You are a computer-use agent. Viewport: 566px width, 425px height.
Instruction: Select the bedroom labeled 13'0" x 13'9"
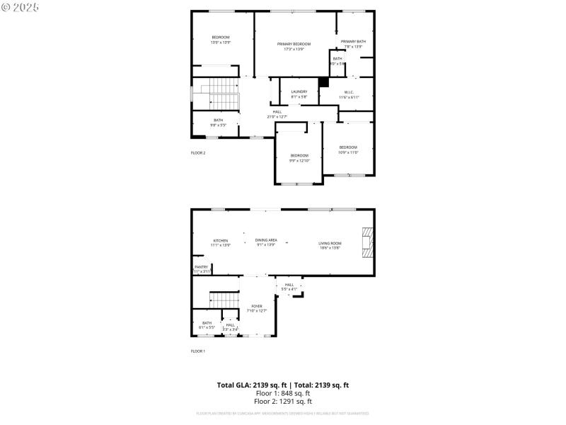point(221,40)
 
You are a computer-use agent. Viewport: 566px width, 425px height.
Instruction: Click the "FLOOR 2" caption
point(198,153)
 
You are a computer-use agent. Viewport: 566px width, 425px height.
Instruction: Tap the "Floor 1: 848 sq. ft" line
point(283,393)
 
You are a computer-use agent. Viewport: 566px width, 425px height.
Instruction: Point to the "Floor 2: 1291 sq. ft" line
point(283,401)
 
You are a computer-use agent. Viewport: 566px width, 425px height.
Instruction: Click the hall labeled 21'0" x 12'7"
point(277,114)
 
